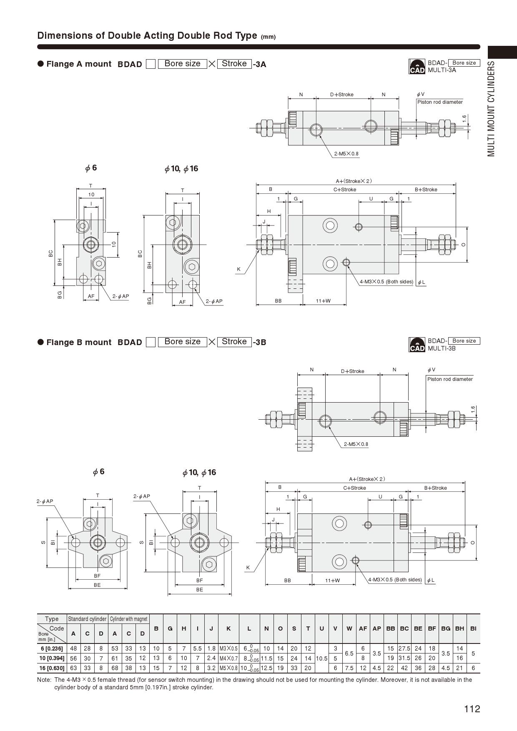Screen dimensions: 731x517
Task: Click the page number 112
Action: coord(472,709)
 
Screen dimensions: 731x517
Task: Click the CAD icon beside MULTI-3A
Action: coord(417,67)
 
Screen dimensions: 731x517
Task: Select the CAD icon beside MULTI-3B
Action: coord(417,345)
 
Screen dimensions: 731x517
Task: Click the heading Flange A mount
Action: coord(79,64)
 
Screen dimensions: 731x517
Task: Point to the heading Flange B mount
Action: coord(79,342)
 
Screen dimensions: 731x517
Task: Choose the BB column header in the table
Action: coord(390,628)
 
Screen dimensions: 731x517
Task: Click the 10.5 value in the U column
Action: coord(321,658)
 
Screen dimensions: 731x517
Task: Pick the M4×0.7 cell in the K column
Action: coord(228,658)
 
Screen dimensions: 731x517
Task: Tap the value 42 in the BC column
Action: coord(404,668)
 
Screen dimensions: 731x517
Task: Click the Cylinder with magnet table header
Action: coord(128,619)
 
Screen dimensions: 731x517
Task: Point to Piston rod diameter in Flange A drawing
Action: coord(440,102)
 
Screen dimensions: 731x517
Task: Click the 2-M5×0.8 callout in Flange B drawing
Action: coord(356,444)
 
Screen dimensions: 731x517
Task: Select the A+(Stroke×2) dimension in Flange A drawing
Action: coord(354,181)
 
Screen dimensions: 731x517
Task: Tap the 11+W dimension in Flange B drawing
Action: coord(332,580)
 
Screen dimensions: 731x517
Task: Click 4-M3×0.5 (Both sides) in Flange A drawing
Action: coord(386,282)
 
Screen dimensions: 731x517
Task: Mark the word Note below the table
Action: coord(44,680)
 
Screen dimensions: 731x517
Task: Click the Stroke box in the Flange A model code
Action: coord(234,64)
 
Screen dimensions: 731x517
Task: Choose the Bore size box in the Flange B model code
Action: coord(182,342)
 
